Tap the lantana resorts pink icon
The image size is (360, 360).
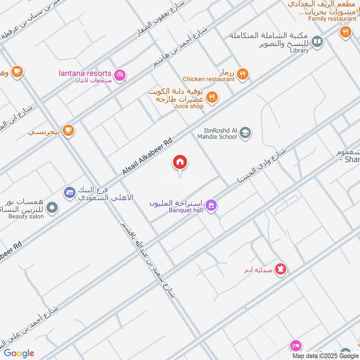coord(120,75)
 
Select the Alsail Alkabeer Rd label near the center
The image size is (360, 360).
coord(147,157)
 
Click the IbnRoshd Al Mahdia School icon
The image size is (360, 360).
coord(245,133)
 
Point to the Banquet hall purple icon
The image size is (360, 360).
coord(211,206)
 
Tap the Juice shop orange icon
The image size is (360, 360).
coord(212,97)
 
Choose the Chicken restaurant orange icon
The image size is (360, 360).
coord(243,74)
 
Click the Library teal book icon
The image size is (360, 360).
coord(317,42)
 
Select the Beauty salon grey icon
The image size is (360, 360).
coord(53,208)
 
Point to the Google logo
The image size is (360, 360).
coord(19,353)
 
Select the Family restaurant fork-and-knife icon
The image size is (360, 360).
coord(345,31)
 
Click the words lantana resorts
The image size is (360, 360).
coord(85,73)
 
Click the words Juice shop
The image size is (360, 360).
coord(189,106)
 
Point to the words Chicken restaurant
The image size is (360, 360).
coord(208,79)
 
